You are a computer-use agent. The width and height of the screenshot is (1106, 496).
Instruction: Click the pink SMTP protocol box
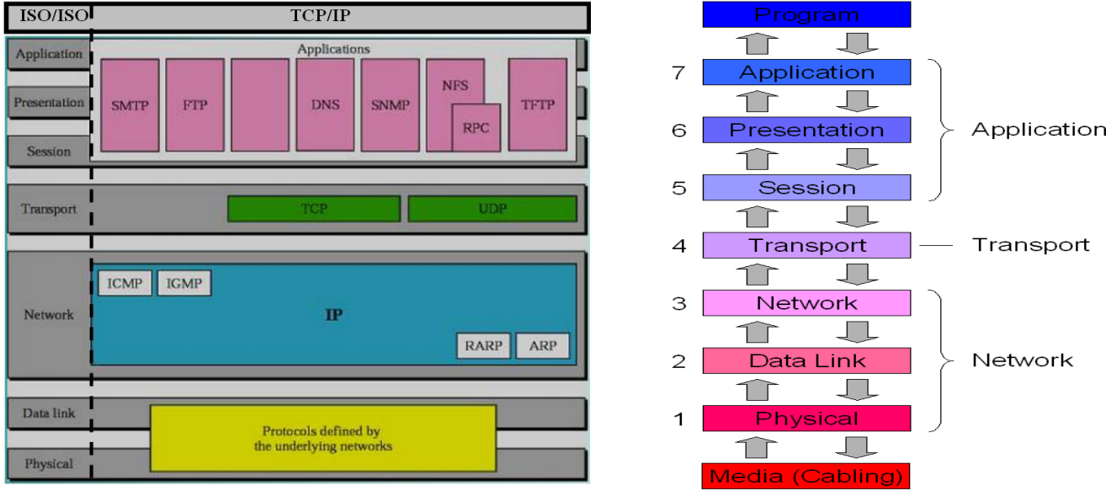click(x=130, y=105)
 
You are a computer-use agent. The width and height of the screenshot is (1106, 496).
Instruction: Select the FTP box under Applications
click(x=195, y=105)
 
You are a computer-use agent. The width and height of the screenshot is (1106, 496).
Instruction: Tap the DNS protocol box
click(x=325, y=105)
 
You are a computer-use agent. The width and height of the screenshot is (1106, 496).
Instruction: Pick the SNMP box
click(x=390, y=105)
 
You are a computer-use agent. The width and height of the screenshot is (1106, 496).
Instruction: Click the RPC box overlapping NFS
click(x=476, y=128)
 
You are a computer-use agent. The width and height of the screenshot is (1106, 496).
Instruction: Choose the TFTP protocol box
click(x=537, y=105)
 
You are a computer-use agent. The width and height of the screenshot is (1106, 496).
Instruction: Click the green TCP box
click(x=314, y=209)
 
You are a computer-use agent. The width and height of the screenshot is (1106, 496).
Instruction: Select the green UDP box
click(x=492, y=209)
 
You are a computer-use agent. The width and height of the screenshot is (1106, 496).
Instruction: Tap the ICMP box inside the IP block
click(x=125, y=284)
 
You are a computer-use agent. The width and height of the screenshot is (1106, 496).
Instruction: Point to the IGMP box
click(x=184, y=284)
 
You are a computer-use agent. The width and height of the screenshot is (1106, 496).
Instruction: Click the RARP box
click(x=484, y=346)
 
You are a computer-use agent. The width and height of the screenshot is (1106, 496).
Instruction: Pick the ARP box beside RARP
click(x=543, y=346)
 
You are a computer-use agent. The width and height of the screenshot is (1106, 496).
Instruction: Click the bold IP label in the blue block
click(x=334, y=315)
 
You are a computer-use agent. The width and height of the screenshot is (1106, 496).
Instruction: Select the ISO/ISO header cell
click(x=48, y=15)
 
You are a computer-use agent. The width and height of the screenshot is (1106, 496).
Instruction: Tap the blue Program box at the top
click(x=806, y=14)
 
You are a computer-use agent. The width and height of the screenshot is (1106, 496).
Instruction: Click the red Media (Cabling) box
click(x=806, y=476)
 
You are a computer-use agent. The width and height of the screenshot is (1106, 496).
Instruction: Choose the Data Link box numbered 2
click(x=806, y=360)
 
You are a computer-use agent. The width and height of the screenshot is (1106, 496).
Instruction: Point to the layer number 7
click(x=678, y=72)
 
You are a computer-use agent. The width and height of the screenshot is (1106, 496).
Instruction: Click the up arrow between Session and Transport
click(x=757, y=216)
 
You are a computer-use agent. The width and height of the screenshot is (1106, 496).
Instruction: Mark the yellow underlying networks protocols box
click(x=323, y=438)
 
